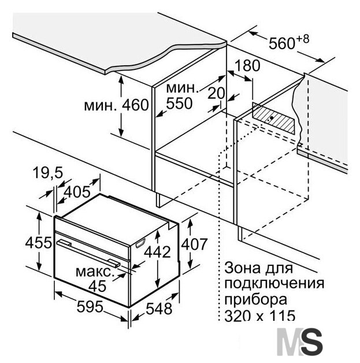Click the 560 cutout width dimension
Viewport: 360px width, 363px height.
282,43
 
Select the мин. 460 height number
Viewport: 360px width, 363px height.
135,105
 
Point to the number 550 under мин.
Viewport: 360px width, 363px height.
179,103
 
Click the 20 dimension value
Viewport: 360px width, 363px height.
216,93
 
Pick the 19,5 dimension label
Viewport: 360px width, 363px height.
47,173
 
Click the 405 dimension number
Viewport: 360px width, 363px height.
77,192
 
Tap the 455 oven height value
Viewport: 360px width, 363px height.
38,243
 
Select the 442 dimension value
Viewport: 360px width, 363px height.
157,251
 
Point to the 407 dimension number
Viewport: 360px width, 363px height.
194,245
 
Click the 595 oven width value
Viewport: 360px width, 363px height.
90,307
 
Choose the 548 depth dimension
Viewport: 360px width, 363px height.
159,308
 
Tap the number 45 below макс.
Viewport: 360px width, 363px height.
98,286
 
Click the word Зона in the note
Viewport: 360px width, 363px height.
243,268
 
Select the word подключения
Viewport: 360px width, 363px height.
274,284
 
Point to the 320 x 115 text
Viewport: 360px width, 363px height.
260,315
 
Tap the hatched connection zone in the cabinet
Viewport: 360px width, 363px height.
273,118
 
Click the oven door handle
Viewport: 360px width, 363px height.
88,253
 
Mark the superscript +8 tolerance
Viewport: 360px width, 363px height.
302,39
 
